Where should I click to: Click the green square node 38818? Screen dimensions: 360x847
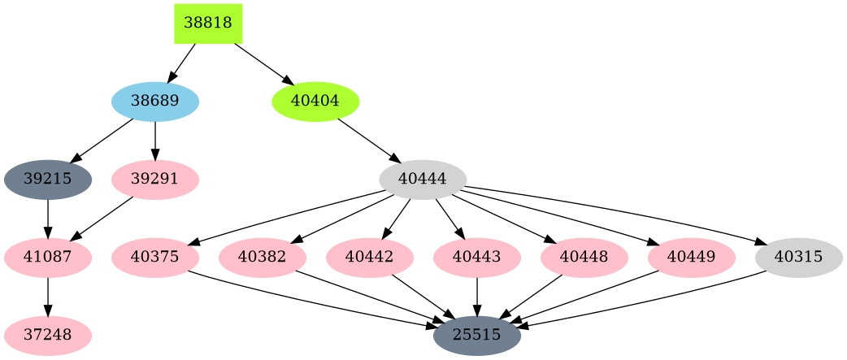pyautogui.click(x=208, y=24)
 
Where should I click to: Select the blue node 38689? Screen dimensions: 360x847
pyautogui.click(x=155, y=102)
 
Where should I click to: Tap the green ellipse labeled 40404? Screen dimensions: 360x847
pyautogui.click(x=315, y=102)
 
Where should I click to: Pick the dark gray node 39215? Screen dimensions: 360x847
pyautogui.click(x=48, y=180)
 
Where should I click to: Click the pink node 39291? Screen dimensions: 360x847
pyautogui.click(x=155, y=180)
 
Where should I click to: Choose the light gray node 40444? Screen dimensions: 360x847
pyautogui.click(x=423, y=180)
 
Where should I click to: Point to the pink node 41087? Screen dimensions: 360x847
pyautogui.click(x=48, y=258)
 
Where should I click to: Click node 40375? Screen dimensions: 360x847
pyautogui.click(x=155, y=258)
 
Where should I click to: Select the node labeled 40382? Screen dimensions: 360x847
pyautogui.click(x=263, y=258)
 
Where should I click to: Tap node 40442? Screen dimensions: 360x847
pyautogui.click(x=370, y=258)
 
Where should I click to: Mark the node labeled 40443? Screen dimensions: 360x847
pyautogui.click(x=477, y=258)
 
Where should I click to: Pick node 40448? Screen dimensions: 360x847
pyautogui.click(x=584, y=258)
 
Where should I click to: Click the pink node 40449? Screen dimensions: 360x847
pyautogui.click(x=692, y=258)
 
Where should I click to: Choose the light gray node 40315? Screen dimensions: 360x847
pyautogui.click(x=799, y=258)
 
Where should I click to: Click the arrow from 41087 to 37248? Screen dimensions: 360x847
pyautogui.click(x=48, y=297)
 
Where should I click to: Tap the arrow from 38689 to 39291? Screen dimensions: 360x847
pyautogui.click(x=155, y=141)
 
